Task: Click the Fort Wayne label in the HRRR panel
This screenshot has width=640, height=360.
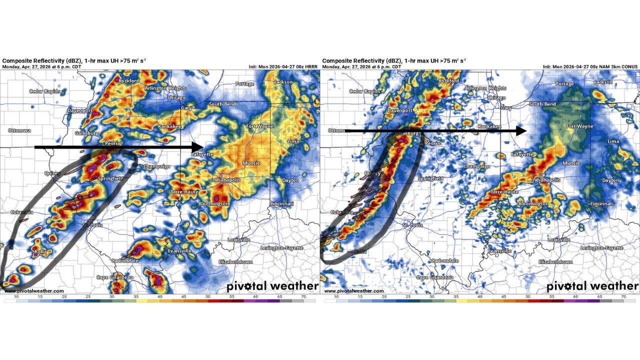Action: point(259,126)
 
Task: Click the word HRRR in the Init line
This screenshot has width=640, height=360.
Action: point(309,66)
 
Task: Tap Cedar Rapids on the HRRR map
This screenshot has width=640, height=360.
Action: point(44,91)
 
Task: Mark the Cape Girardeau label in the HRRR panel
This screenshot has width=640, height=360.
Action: point(114,277)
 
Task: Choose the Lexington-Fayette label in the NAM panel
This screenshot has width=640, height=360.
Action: point(601,248)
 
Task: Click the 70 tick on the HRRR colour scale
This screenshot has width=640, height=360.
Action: point(303,296)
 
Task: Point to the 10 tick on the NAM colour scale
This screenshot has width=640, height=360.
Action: point(336,296)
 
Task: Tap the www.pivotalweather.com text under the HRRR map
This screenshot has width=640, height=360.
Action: point(34,291)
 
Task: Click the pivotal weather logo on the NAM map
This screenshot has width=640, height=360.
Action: point(592,286)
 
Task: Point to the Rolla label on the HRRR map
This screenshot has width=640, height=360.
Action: point(40,252)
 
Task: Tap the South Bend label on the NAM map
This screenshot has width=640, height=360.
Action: point(542,104)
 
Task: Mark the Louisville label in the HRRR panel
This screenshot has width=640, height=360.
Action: point(238,240)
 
